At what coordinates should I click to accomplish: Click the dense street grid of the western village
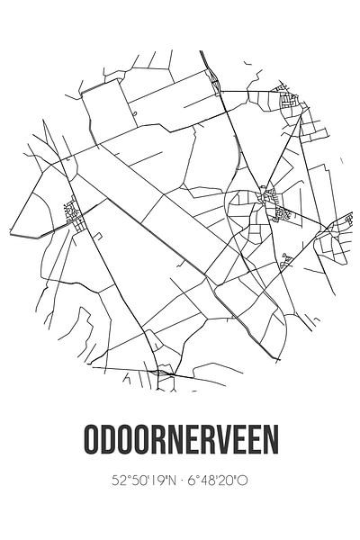[x=72, y=213]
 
